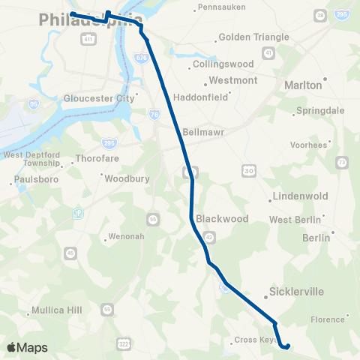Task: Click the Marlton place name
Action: tap(303, 85)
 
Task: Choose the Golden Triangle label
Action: tap(247, 37)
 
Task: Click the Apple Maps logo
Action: tap(26, 347)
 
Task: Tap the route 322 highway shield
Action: tap(124, 343)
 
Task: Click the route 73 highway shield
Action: tap(341, 162)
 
